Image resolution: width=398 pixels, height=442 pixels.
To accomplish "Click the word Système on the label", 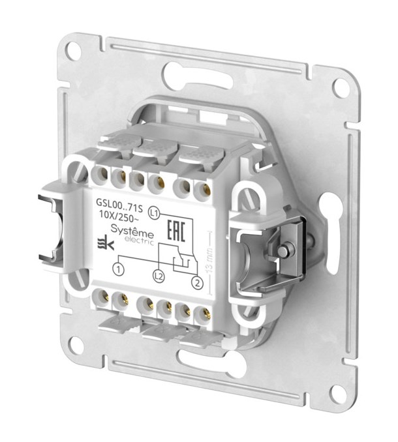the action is tap(132, 231).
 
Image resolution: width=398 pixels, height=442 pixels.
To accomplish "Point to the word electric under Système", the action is tap(139, 241).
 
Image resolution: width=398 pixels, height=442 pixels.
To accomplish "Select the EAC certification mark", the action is tap(176, 230).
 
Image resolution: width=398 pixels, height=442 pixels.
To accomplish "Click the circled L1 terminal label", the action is tap(154, 213).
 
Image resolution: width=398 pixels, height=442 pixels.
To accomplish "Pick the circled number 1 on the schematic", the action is tap(119, 269).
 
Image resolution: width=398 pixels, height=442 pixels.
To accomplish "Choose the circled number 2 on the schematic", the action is tap(197, 283).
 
